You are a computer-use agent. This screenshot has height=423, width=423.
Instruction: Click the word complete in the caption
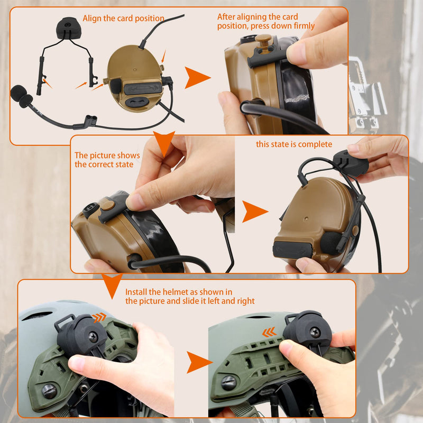[316, 144]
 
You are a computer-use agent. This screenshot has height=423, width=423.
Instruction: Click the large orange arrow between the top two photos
[197, 78]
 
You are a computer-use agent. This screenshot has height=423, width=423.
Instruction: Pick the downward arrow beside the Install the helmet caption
[112, 286]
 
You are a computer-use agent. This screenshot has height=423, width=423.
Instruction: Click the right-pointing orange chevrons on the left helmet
[99, 317]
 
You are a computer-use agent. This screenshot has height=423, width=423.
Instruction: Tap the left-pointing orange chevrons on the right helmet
[269, 332]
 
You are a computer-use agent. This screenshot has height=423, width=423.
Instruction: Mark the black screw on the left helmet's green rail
[49, 391]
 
